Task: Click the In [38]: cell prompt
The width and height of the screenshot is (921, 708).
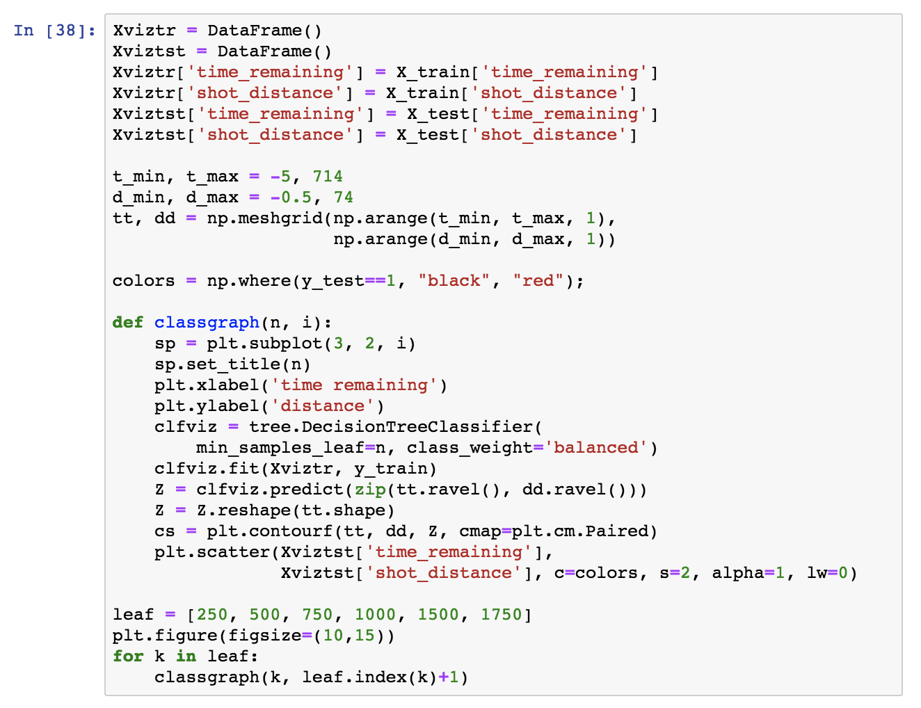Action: (54, 31)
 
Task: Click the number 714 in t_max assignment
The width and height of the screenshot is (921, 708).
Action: (328, 177)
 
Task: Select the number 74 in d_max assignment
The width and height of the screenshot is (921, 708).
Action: (344, 198)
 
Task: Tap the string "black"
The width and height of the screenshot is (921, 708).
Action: (454, 281)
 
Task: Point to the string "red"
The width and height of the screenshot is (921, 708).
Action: (538, 281)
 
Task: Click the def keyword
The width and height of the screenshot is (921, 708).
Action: (128, 323)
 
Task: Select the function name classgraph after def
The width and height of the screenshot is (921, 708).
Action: (207, 323)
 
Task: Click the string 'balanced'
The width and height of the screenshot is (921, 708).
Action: (600, 448)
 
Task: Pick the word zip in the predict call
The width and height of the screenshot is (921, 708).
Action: (370, 490)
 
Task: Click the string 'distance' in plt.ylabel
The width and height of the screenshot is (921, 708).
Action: (322, 406)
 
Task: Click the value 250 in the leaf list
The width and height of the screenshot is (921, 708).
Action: (212, 615)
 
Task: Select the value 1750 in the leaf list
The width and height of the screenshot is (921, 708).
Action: (501, 615)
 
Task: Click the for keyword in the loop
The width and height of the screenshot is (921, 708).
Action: (128, 657)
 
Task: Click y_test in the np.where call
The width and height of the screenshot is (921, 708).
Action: (333, 281)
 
